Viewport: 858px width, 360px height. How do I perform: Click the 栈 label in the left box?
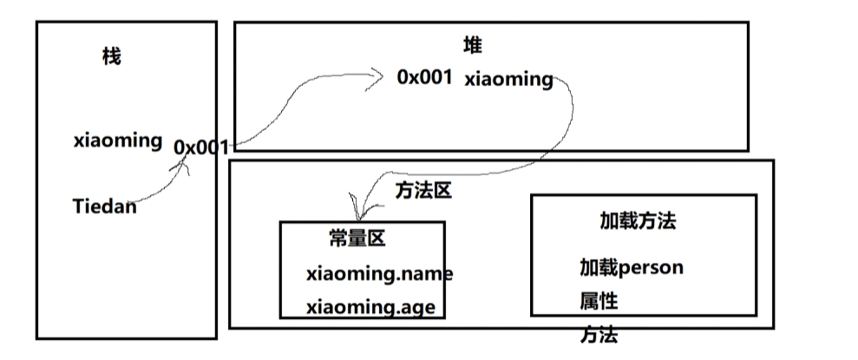(x=111, y=58)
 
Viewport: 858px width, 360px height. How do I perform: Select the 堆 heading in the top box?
(x=472, y=46)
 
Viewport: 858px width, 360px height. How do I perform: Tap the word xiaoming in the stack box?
(x=118, y=140)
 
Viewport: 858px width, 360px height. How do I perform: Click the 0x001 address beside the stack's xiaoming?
(x=201, y=147)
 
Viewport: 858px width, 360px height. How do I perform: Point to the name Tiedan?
(x=105, y=206)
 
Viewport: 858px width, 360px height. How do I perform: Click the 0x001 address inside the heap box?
(x=425, y=77)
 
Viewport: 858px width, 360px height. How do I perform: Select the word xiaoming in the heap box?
(x=508, y=80)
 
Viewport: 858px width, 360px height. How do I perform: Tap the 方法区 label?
(x=423, y=190)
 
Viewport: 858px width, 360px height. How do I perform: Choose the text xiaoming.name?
(x=379, y=274)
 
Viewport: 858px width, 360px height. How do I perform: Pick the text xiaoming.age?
(x=370, y=307)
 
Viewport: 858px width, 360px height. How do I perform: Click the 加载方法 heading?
(x=638, y=220)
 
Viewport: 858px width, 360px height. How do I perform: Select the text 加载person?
(x=631, y=266)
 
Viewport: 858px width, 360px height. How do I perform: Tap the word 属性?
(x=599, y=301)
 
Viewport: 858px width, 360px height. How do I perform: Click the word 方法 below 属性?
(x=599, y=335)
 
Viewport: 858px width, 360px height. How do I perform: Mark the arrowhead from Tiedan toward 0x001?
(x=185, y=164)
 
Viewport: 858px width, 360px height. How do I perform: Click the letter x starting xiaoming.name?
(x=311, y=275)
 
